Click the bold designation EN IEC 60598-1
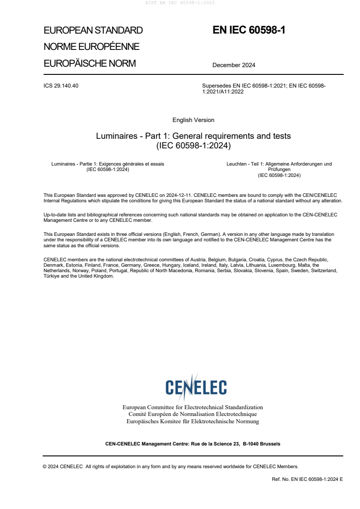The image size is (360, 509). tap(249, 30)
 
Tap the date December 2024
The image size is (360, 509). tap(234, 65)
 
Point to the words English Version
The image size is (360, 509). tap(193, 120)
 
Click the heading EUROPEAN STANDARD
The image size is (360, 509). tap(93, 31)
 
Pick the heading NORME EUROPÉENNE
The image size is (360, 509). tap(91, 47)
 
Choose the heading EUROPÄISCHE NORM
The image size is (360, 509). tap(89, 64)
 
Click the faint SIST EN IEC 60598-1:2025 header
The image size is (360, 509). tap(179, 3)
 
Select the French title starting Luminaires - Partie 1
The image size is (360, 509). tap(108, 164)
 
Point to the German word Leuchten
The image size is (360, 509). tap(236, 164)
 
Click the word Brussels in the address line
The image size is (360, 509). tap(271, 444)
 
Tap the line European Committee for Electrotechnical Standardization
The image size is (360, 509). tap(192, 407)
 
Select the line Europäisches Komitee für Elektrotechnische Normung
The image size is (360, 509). tap(192, 421)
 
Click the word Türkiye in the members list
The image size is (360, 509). tap(52, 276)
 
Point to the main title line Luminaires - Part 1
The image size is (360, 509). tap(193, 136)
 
